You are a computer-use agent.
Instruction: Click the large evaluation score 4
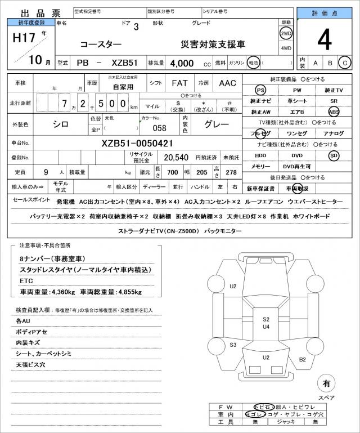coord(324,40)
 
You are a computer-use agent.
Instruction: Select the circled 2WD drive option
coord(286,33)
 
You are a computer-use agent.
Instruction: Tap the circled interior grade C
coord(344,63)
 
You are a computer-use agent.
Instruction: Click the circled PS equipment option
coord(260,90)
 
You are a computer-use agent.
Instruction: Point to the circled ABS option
coord(334,111)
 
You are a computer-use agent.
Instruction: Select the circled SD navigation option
coord(334,155)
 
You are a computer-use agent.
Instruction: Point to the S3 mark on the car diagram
coord(233,345)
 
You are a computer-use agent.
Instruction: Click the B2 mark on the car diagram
coord(302,359)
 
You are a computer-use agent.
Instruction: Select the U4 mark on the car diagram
coord(266,327)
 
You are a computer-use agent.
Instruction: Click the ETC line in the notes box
coord(26,280)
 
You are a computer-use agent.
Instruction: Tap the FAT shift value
coord(179,83)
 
